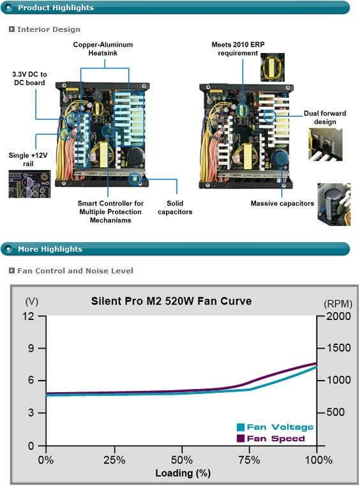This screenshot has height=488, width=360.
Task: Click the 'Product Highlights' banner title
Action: click(x=56, y=8)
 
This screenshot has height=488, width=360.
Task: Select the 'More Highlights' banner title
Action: click(x=50, y=249)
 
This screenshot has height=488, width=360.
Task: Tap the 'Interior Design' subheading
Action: click(x=49, y=29)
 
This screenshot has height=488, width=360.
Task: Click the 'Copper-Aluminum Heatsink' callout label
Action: click(x=103, y=49)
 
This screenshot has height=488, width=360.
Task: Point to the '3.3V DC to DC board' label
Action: click(x=29, y=79)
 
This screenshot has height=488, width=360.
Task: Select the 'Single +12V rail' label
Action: click(x=28, y=159)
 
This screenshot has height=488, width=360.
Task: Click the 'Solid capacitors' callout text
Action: click(x=175, y=208)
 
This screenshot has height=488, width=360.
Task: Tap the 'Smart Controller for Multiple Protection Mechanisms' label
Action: click(x=110, y=211)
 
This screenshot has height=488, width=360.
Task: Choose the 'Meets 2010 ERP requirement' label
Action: click(x=238, y=49)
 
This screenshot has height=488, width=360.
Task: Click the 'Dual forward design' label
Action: click(x=325, y=118)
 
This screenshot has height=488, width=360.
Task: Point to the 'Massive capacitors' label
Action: click(x=282, y=204)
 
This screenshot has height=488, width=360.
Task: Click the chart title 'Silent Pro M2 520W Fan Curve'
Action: click(x=171, y=301)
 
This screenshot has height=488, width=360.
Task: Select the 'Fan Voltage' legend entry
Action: click(x=275, y=427)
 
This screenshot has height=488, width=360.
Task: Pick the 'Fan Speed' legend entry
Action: click(x=271, y=439)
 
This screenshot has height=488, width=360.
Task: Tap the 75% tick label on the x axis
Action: click(x=249, y=460)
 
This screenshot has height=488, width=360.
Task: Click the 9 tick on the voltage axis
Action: click(x=31, y=348)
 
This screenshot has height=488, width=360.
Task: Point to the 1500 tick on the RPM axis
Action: click(x=338, y=348)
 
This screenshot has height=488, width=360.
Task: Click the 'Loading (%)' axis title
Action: click(x=183, y=473)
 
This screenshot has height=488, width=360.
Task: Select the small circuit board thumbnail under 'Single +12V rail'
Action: click(x=29, y=184)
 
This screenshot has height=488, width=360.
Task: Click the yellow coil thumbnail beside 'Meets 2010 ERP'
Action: click(x=273, y=67)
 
